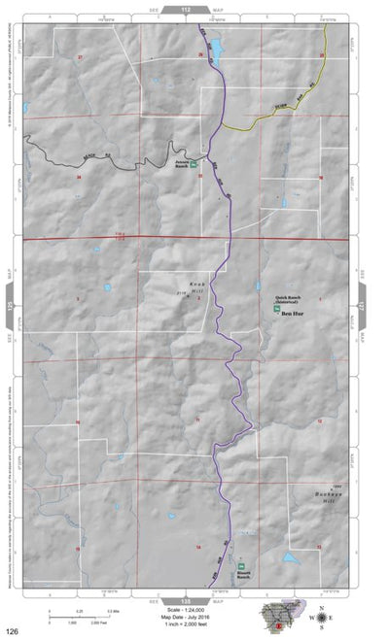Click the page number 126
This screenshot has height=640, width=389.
coord(11,631)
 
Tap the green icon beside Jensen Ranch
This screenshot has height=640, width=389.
coord(194,164)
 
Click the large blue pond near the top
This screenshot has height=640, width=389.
coord(217,46)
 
